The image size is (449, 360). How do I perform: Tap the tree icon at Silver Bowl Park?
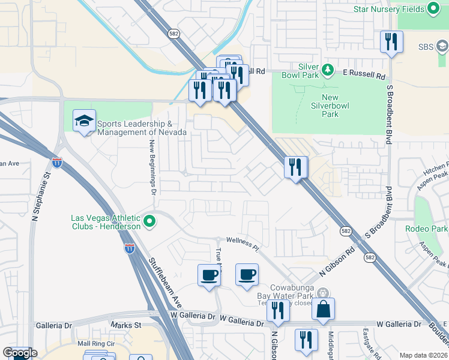pos(328,70)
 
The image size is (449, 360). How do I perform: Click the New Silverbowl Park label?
pos(330,106)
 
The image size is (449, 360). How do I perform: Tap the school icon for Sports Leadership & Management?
pos(85,121)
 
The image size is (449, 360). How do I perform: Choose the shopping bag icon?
pos(323,309)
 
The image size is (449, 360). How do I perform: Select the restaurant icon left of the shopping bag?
pos(277,310)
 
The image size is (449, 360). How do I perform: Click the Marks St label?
pos(125,325)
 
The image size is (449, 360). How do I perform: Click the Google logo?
pos(20,353)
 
